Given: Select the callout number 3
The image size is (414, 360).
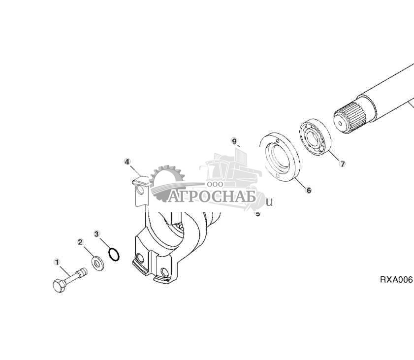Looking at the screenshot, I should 96,233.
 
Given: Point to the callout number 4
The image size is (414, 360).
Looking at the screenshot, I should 127,162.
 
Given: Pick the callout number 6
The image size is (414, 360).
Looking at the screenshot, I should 309,190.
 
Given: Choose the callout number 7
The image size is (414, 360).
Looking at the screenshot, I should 343,164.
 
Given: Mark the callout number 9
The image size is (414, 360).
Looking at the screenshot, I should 234,141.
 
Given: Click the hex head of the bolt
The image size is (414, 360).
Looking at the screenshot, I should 58,285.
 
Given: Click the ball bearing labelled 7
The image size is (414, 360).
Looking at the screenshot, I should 316,136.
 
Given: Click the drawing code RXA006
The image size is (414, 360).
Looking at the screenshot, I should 396,279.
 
